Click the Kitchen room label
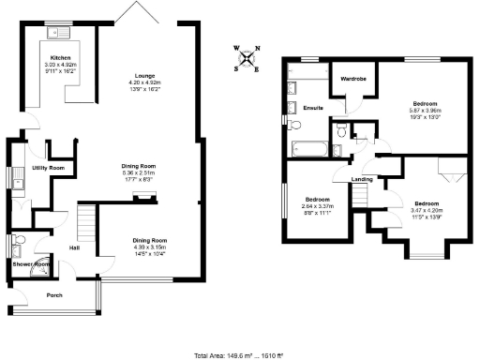coord(59,57)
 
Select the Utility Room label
coord(48,168)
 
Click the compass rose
coord(247,57)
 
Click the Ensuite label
coord(313,109)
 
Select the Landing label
coord(362,179)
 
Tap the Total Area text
coord(239,355)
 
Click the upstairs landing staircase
coord(357,195)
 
